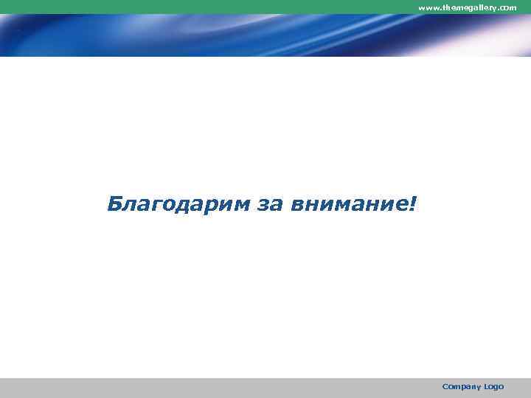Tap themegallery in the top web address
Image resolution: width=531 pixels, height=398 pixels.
[x=469, y=7]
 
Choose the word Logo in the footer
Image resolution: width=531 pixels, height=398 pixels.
[x=494, y=387]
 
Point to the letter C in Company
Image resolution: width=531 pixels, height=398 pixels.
[x=445, y=386]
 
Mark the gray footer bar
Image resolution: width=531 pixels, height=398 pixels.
[x=221, y=388]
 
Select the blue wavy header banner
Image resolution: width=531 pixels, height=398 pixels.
[x=221, y=35]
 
